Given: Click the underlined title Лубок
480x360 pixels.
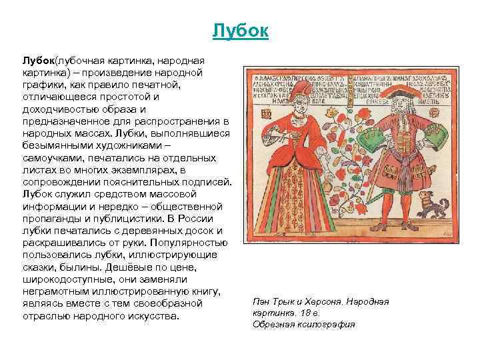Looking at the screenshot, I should pyautogui.click(x=240, y=31).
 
